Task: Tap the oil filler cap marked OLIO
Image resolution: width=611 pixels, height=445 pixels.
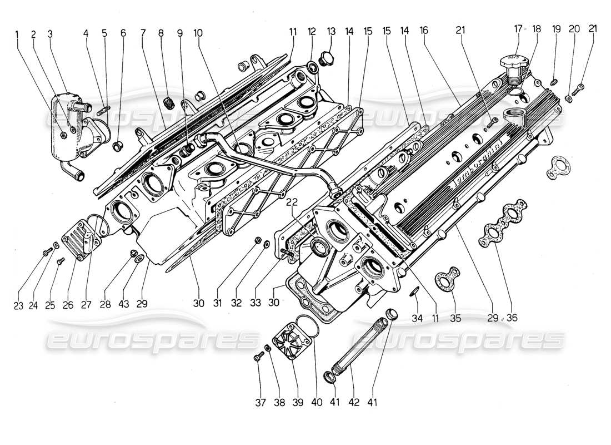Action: pos(512,61)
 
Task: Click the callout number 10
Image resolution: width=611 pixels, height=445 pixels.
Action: pos(198,33)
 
